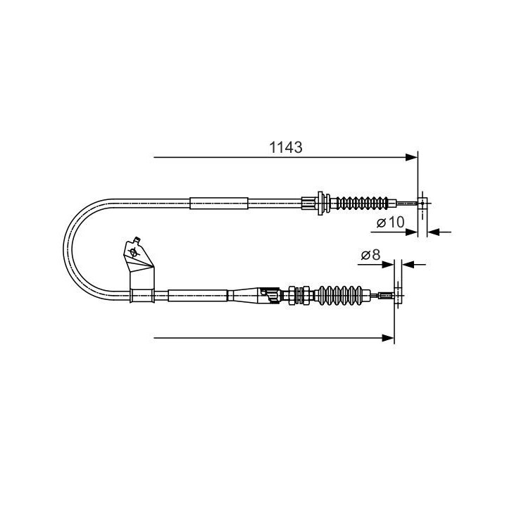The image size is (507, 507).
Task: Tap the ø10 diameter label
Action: (x=389, y=223)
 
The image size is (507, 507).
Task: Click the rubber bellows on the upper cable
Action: (x=362, y=204)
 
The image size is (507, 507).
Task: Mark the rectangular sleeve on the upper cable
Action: (x=220, y=204)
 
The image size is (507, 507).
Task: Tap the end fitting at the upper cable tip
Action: (x=422, y=204)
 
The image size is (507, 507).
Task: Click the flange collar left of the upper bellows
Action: (x=321, y=204)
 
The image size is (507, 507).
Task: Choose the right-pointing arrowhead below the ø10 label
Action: (x=414, y=231)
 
